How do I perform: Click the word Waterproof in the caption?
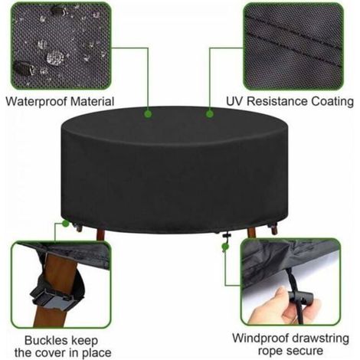37,102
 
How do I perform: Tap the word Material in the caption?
92,101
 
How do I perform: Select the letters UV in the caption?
234,101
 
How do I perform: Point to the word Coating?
332,102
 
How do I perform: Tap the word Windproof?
260,339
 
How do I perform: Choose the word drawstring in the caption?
320,339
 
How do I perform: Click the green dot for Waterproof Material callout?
148,113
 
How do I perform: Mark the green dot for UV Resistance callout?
210,113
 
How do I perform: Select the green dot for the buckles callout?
66,224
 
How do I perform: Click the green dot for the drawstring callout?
225,247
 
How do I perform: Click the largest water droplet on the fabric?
55,57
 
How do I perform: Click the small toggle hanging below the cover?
226,235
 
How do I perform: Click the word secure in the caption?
306,351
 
